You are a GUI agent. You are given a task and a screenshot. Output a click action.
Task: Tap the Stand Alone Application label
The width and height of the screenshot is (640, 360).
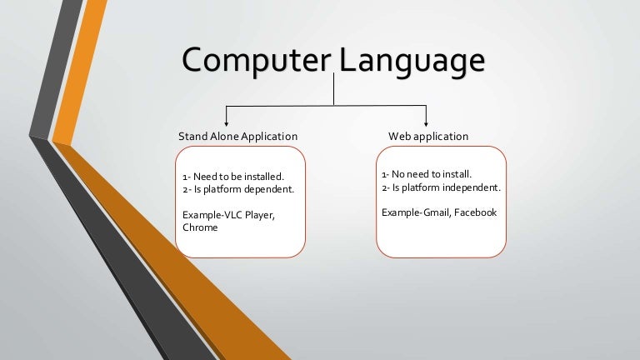pyautogui.click(x=237, y=136)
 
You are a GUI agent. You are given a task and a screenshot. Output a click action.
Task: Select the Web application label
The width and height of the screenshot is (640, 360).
pyautogui.click(x=428, y=136)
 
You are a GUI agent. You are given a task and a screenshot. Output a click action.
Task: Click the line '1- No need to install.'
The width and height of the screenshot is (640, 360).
pyautogui.click(x=427, y=175)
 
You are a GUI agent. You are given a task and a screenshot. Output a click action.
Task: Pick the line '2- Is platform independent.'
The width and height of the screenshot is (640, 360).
pyautogui.click(x=441, y=187)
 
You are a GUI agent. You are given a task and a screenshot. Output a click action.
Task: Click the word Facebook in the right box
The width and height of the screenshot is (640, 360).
pyautogui.click(x=475, y=212)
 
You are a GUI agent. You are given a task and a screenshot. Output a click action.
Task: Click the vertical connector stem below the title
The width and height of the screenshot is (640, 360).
pyautogui.click(x=334, y=90)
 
